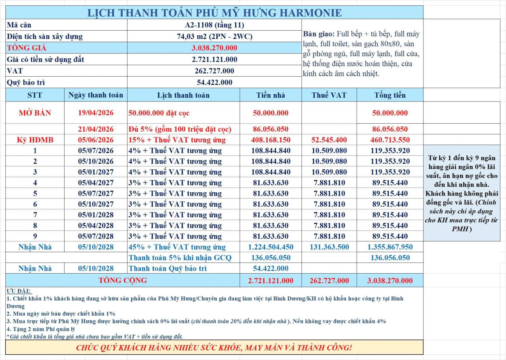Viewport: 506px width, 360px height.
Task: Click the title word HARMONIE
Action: (311, 13)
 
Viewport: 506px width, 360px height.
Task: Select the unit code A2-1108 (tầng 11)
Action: (214, 25)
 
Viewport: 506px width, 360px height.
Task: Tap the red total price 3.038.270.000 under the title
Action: (214, 48)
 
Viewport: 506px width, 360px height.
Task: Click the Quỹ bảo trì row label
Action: (26, 83)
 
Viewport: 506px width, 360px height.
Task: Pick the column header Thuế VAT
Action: (329, 95)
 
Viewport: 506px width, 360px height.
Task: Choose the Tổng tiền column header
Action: (390, 95)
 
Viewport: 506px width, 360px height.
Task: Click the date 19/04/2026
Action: (96, 113)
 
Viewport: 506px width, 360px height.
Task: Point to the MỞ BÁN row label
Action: (35, 113)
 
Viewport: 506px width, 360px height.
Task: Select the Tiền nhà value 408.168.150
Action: (271, 140)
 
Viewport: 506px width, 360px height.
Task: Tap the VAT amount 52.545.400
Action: (329, 140)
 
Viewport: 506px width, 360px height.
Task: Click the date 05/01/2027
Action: (96, 172)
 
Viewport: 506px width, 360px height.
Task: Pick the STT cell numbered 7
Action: (35, 215)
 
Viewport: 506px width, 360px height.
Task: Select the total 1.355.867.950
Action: (390, 247)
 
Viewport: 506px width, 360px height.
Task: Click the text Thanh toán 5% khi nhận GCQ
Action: (180, 258)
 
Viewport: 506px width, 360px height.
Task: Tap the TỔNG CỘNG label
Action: (123, 280)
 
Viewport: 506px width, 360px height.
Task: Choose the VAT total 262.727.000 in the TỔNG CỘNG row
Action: (329, 281)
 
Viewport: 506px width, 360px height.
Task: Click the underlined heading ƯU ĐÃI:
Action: (19, 291)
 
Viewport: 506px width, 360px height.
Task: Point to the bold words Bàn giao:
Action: (318, 34)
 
